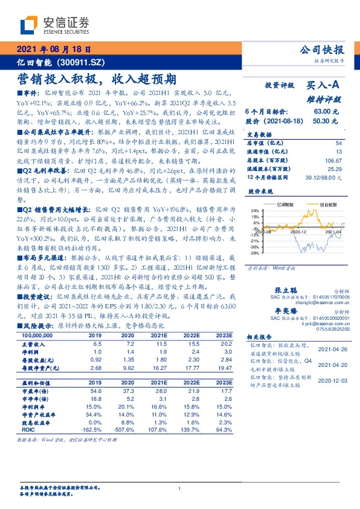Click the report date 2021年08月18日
pyautogui.click(x=54, y=50)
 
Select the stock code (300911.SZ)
pyautogui.click(x=85, y=62)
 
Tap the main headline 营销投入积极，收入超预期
pyautogui.click(x=97, y=79)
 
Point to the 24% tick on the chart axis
pyautogui.click(x=255, y=210)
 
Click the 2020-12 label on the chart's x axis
pyautogui.click(x=299, y=232)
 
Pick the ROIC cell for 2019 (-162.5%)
pyautogui.click(x=95, y=430)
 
